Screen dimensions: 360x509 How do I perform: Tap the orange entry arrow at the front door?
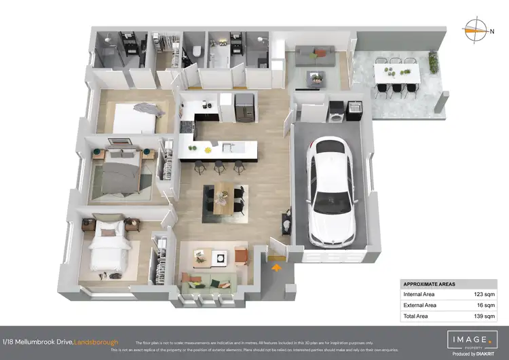coord(276,268)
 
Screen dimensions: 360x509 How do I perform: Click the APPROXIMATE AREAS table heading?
coord(429,284)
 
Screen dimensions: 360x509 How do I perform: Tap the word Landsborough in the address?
coord(96,341)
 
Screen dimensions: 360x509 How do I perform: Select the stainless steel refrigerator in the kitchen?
coord(243,105)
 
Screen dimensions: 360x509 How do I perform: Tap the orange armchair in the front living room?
coord(242,255)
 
